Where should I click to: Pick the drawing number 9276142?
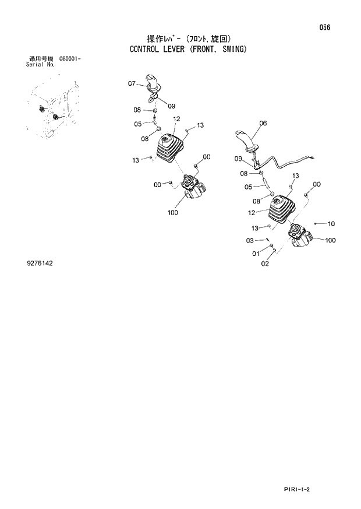(x=40, y=264)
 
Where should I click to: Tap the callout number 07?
(x=133, y=83)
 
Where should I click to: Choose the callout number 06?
(x=263, y=123)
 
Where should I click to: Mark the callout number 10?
(x=332, y=223)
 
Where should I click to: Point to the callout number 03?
(x=250, y=240)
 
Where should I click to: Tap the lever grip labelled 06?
(x=247, y=142)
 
